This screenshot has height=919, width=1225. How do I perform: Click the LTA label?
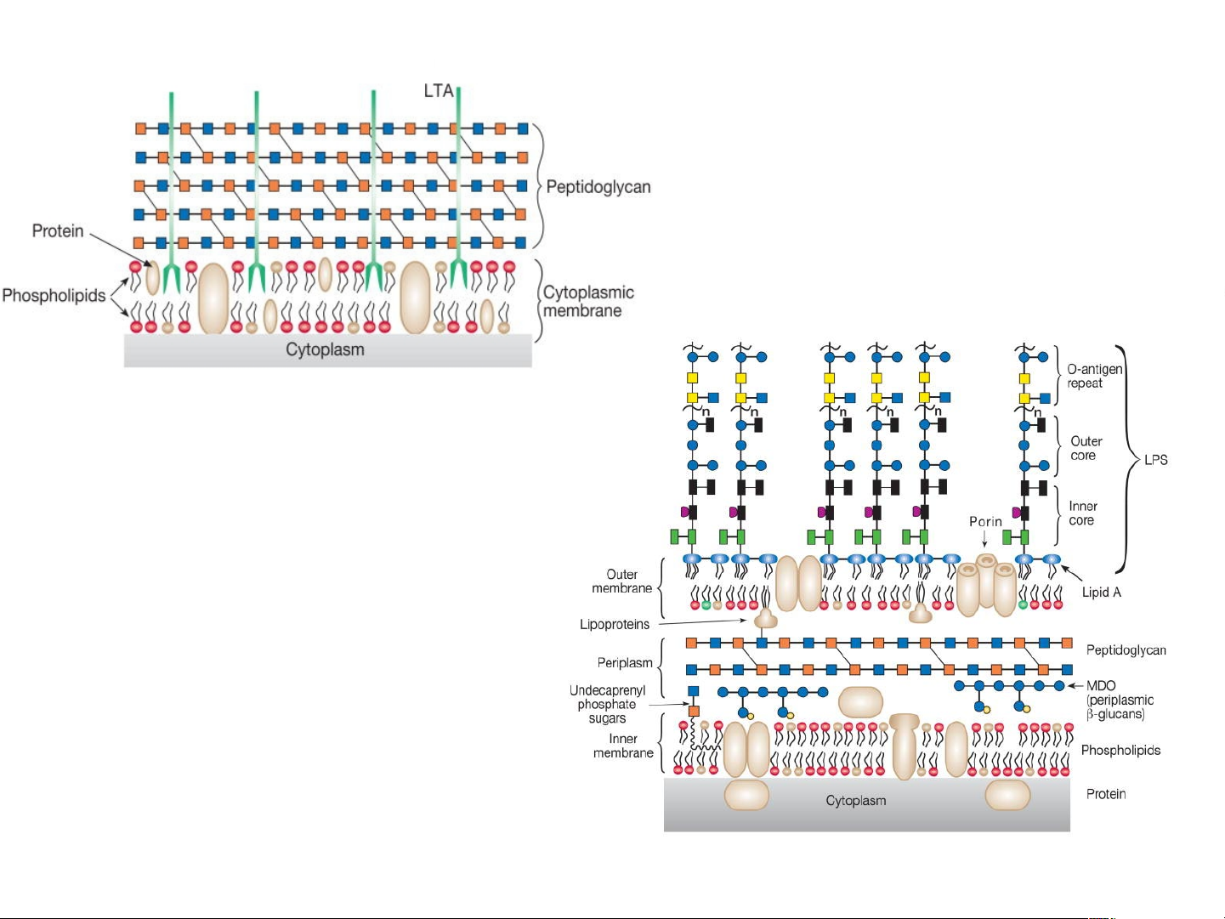pyautogui.click(x=439, y=90)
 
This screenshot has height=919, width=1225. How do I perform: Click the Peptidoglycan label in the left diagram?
pyautogui.click(x=598, y=187)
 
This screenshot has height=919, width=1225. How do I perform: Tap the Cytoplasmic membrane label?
pyautogui.click(x=588, y=302)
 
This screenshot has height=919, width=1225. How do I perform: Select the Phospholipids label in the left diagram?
pyautogui.click(x=54, y=296)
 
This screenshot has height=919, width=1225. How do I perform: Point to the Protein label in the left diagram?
pyautogui.click(x=58, y=231)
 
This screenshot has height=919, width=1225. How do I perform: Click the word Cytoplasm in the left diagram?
pyautogui.click(x=325, y=349)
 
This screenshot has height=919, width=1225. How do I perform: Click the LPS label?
pyautogui.click(x=1155, y=460)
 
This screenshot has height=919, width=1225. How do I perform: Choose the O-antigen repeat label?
pyautogui.click(x=1094, y=376)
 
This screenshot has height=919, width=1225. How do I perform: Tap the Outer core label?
pyautogui.click(x=1086, y=448)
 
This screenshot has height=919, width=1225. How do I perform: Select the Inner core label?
pyautogui.click(x=1082, y=513)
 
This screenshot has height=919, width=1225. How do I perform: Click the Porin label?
pyautogui.click(x=985, y=521)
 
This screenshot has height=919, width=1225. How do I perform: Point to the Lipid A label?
pyautogui.click(x=1101, y=593)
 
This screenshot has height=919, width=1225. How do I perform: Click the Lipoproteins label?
pyautogui.click(x=614, y=625)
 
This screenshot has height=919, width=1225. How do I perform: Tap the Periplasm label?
pyautogui.click(x=625, y=663)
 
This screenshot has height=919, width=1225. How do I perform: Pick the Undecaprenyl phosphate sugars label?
pyautogui.click(x=607, y=705)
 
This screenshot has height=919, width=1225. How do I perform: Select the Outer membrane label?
pyautogui.click(x=621, y=581)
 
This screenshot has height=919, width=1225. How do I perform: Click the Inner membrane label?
pyautogui.click(x=623, y=746)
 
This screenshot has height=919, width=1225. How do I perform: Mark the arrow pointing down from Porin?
pyautogui.click(x=984, y=539)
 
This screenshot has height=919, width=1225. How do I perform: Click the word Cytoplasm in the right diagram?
pyautogui.click(x=855, y=801)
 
